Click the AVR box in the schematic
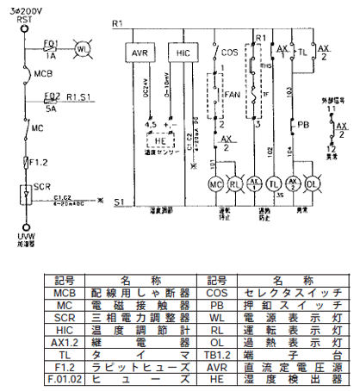pos(140,53)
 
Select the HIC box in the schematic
pos(182,53)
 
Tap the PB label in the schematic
pos(302,123)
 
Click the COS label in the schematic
pos(229,53)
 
